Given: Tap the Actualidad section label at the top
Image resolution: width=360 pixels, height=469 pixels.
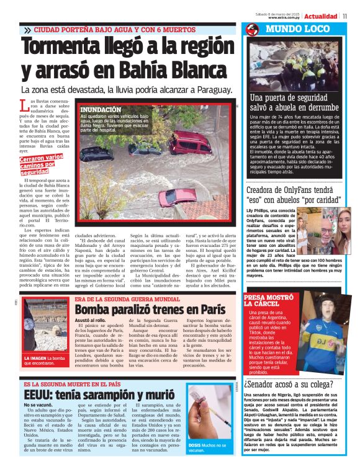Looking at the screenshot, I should point(321,16).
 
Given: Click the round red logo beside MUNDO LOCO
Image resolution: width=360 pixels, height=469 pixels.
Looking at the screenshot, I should point(251,29).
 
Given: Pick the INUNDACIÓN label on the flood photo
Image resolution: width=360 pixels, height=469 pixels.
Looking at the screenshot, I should point(101,110).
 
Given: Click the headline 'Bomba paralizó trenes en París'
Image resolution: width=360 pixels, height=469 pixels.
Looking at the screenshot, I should point(150,308).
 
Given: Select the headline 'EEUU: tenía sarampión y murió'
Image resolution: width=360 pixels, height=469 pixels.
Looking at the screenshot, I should point(100,395).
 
